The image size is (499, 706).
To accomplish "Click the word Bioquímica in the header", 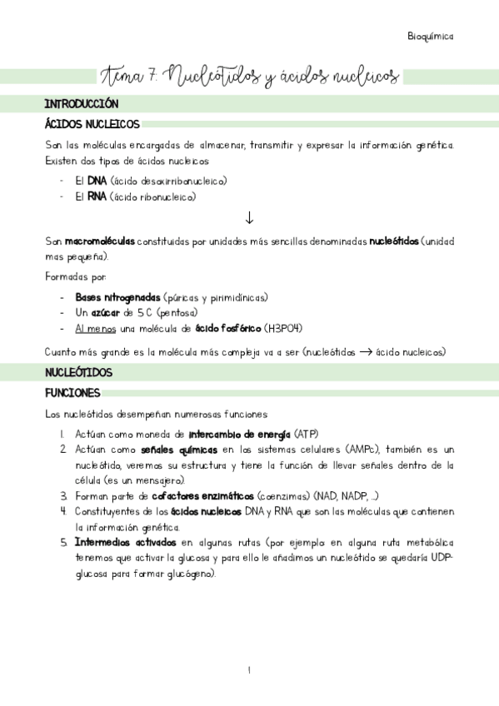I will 431,36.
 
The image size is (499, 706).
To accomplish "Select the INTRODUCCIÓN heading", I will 81,105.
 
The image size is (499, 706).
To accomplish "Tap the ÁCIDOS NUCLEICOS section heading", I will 92,125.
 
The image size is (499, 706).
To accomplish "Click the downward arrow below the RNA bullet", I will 249,218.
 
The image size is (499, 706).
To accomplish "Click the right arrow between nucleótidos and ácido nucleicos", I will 367,351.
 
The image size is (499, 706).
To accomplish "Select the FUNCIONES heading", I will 73,392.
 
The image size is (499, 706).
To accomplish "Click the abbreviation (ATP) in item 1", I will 305,434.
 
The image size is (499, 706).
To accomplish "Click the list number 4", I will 63,511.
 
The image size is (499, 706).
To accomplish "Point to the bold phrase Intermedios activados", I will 125,543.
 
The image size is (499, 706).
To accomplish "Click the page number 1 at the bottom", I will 249,670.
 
